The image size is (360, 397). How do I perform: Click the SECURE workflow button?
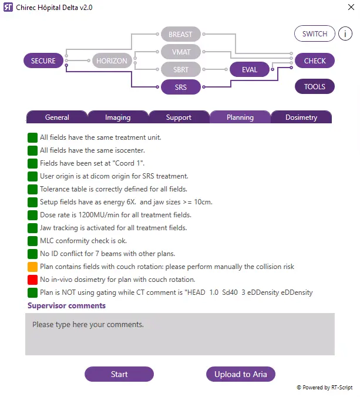click(43, 60)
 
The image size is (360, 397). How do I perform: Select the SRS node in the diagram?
click(181, 87)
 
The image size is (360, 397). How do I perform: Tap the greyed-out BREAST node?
click(181, 34)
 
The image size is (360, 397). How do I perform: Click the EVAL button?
click(250, 69)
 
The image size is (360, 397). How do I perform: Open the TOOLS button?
click(315, 86)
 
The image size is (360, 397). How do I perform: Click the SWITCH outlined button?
click(315, 33)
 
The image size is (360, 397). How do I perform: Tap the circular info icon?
click(345, 33)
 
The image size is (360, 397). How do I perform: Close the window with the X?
click(351, 7)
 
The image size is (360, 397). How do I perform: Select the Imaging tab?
click(118, 117)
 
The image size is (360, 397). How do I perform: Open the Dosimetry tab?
click(301, 117)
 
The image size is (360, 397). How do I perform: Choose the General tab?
click(57, 117)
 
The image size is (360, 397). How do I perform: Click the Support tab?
click(179, 117)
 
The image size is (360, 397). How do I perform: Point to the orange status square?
click(33, 267)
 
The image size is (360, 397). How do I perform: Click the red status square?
click(33, 280)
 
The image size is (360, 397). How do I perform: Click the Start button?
click(119, 374)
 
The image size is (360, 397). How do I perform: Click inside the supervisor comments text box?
click(180, 334)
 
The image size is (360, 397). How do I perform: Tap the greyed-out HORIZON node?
click(112, 60)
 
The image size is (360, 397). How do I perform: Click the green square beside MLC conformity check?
click(33, 241)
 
